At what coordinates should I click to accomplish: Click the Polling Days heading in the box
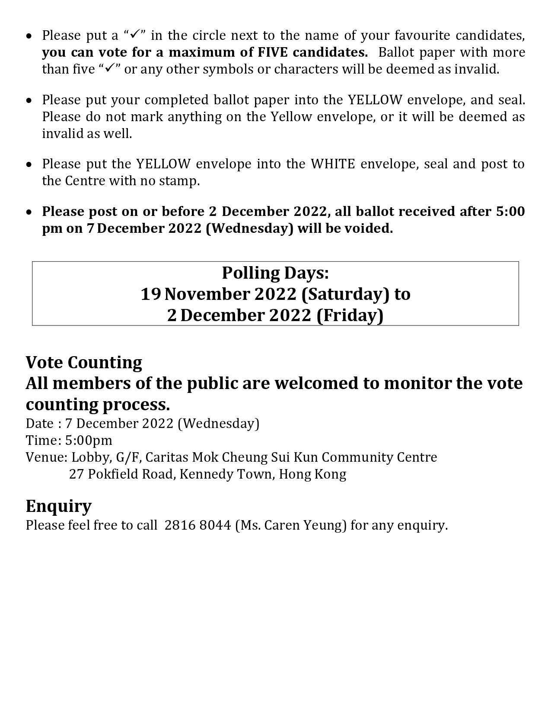(x=275, y=273)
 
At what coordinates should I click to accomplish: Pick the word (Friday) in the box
(x=350, y=315)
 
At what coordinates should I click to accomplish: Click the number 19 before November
(x=151, y=294)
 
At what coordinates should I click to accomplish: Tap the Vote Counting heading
(x=84, y=363)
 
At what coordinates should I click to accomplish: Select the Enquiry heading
(x=58, y=506)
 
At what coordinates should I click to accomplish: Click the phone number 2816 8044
(x=198, y=525)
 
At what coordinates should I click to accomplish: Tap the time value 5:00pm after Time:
(x=89, y=441)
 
